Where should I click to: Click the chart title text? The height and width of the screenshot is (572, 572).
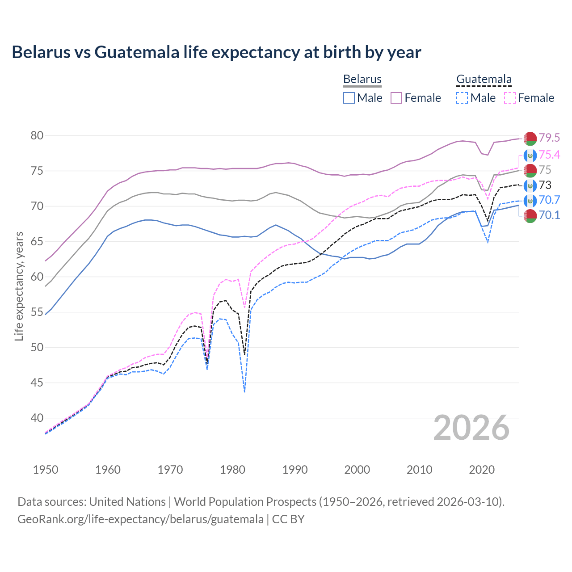click(x=216, y=52)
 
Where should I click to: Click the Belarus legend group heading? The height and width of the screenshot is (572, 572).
click(x=362, y=80)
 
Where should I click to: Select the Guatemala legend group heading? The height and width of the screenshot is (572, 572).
click(x=484, y=80)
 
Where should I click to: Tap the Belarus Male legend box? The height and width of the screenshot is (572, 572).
click(x=349, y=98)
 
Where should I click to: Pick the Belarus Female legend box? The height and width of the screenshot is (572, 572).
click(x=397, y=98)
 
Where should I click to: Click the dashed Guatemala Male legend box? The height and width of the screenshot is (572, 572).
click(x=462, y=98)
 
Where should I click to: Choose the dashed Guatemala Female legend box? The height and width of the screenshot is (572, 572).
click(x=510, y=98)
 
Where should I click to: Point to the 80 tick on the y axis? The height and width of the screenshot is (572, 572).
click(x=37, y=135)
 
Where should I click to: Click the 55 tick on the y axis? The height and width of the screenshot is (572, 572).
click(x=37, y=312)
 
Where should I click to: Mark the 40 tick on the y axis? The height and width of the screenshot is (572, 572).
click(x=37, y=418)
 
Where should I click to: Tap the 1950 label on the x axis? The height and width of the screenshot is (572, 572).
click(x=46, y=470)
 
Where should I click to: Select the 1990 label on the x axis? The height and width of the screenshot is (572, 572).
click(x=295, y=470)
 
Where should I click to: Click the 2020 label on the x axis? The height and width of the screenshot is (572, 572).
click(x=482, y=470)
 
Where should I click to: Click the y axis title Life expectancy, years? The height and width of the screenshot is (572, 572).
click(x=19, y=286)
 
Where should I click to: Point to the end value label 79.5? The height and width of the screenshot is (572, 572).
click(x=549, y=138)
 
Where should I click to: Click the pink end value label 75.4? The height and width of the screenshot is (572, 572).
click(x=549, y=155)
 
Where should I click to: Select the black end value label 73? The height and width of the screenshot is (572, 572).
click(x=545, y=185)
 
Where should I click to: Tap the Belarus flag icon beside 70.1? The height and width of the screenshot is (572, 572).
click(x=530, y=215)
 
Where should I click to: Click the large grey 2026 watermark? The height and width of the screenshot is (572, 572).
click(x=471, y=428)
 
